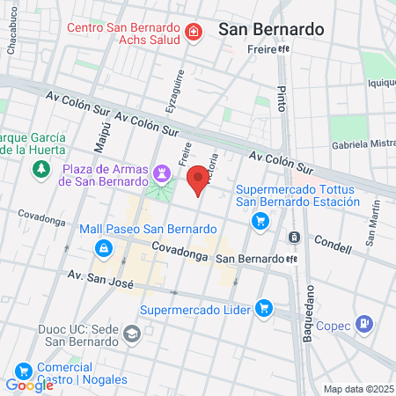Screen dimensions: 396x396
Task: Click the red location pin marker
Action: (198, 179)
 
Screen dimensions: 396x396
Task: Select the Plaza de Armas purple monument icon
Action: (160, 172)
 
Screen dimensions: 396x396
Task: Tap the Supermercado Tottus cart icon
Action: (260, 220)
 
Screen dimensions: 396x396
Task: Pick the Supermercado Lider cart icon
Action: (262, 307)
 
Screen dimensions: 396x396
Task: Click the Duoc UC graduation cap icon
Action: (131, 334)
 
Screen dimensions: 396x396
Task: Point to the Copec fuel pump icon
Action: (362, 324)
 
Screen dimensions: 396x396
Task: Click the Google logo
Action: (29, 385)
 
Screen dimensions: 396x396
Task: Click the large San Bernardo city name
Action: (271, 28)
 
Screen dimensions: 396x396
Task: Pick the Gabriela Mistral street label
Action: (363, 143)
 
